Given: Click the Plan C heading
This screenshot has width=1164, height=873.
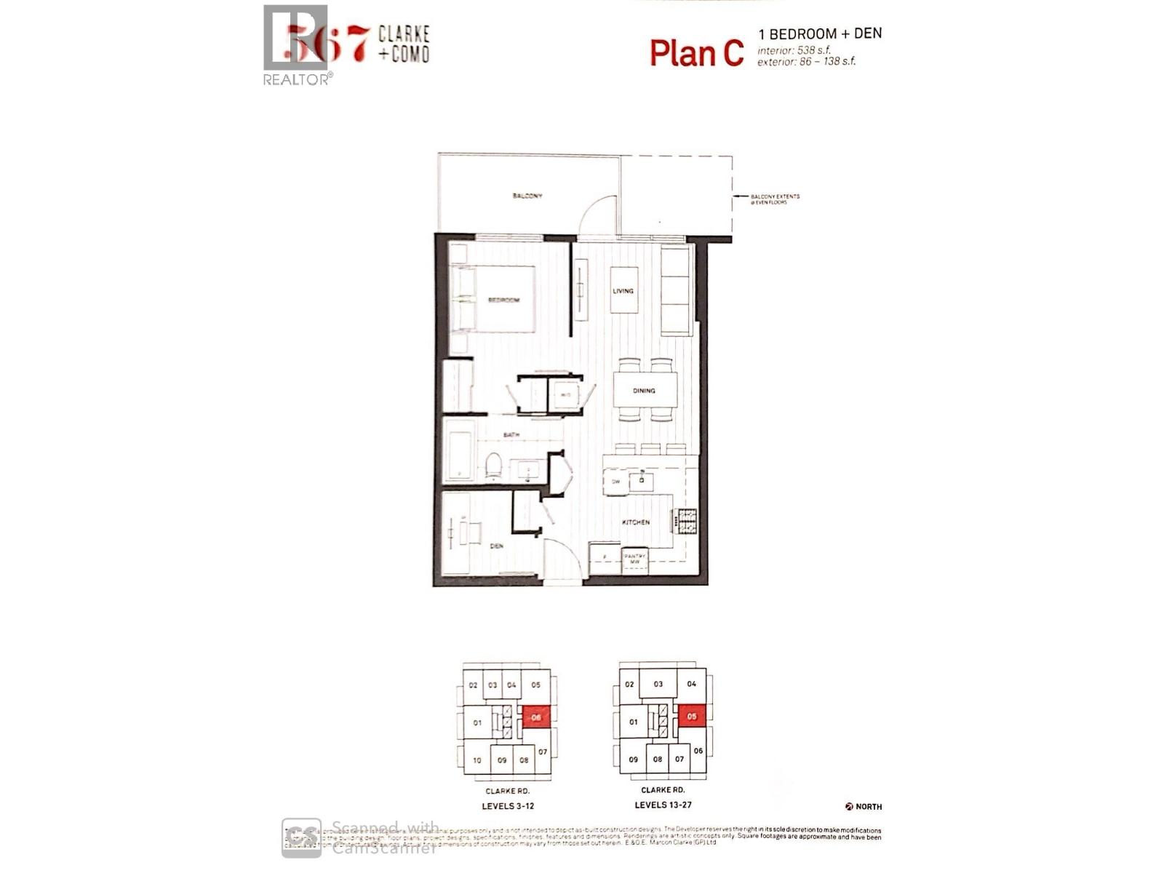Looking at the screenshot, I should click(696, 53).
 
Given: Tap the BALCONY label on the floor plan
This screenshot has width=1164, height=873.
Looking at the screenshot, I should click(527, 196).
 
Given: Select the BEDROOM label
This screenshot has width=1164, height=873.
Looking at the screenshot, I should click(503, 300).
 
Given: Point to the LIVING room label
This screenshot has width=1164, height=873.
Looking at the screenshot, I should click(623, 291).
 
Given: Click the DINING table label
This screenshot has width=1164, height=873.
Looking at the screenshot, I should click(644, 391).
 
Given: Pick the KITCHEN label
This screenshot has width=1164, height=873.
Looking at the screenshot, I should click(635, 522).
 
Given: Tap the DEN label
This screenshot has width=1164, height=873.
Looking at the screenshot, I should click(497, 546).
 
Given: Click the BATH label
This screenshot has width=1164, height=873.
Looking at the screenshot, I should click(511, 435).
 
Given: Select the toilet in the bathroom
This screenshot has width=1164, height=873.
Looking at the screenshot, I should click(493, 466).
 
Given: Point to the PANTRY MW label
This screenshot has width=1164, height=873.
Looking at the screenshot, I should click(634, 559).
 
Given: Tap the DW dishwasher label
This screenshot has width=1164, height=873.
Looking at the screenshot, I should click(615, 482).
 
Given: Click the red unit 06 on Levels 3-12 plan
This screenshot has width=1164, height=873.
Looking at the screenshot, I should click(536, 717).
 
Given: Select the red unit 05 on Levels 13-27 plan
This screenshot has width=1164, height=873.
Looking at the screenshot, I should click(691, 717).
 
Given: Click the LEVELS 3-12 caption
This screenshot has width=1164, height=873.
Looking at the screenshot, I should click(508, 806).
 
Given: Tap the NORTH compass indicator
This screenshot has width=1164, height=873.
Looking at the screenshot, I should click(864, 806).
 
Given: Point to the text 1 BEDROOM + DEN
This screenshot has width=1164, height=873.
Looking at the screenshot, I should click(819, 33).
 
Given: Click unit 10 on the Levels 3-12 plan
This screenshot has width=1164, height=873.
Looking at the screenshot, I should click(477, 760).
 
